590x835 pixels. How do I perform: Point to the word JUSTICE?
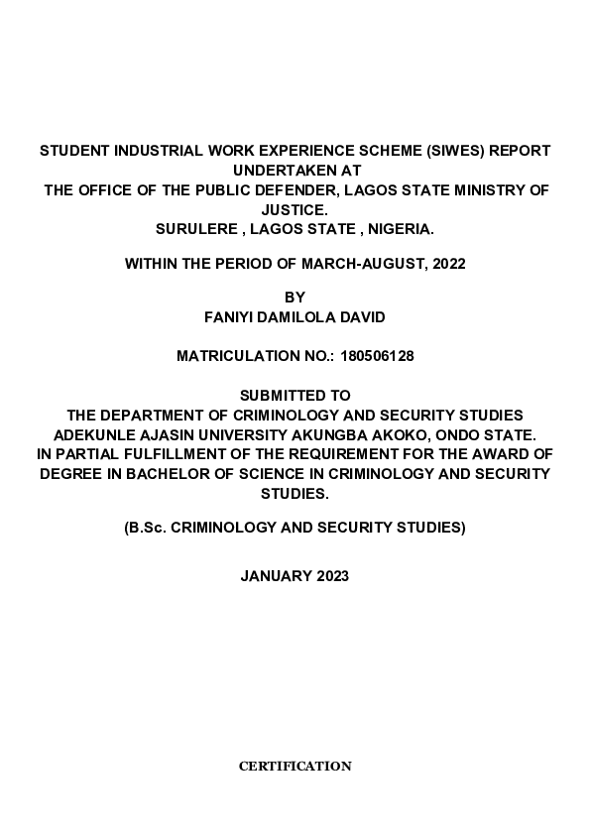coord(295,209)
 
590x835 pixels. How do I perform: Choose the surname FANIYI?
coord(227,317)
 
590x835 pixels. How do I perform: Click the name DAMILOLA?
coord(299,317)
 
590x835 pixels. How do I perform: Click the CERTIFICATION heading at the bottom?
coord(295,767)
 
